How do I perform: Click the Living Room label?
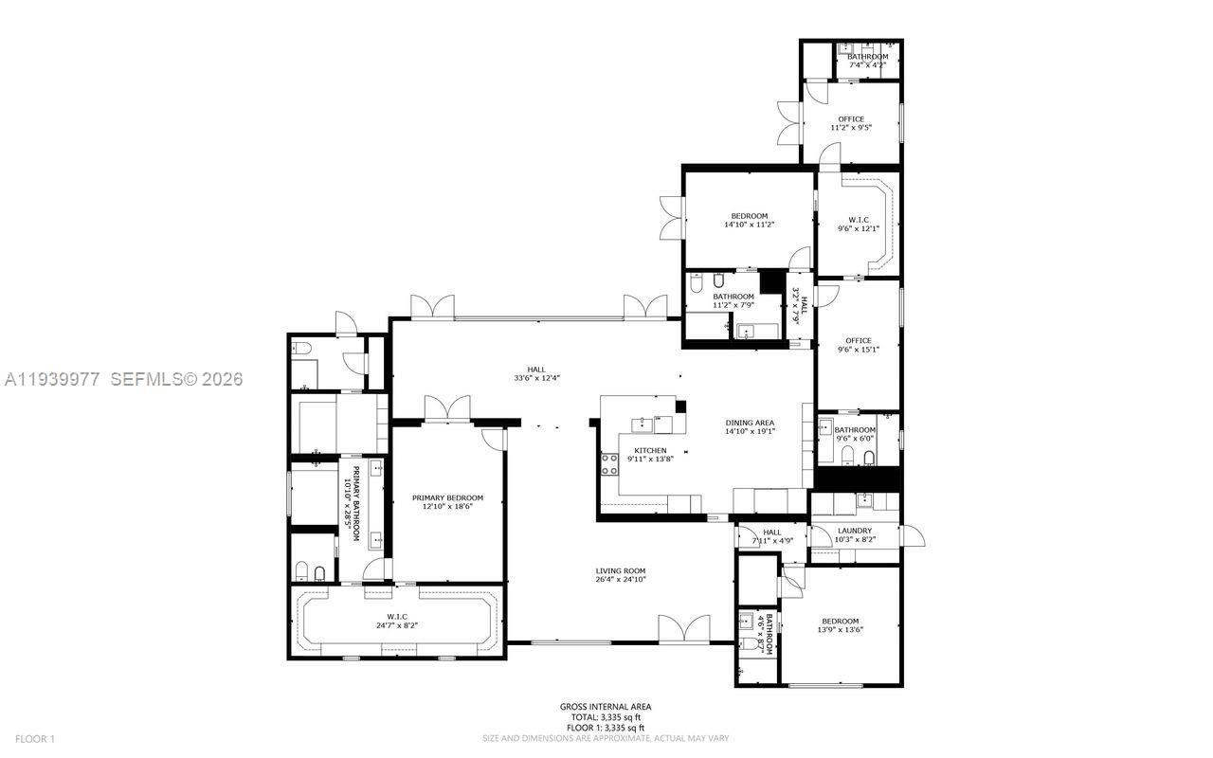620,571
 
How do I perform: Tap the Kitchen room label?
650,450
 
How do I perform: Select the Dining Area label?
750,423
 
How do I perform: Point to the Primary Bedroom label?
447,497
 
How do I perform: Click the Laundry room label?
854,531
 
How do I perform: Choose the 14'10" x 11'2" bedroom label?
749,216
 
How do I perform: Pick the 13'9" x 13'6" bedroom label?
841,621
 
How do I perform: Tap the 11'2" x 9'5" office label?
850,119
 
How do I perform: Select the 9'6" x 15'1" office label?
858,341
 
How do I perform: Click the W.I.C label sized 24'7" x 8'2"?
396,617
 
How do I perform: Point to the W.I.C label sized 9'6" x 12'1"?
858,220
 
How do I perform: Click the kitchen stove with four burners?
608,464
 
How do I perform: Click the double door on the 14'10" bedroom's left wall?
672,217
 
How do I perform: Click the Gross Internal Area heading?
606,707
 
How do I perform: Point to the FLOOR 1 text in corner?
36,738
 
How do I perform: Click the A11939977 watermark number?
52,379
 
